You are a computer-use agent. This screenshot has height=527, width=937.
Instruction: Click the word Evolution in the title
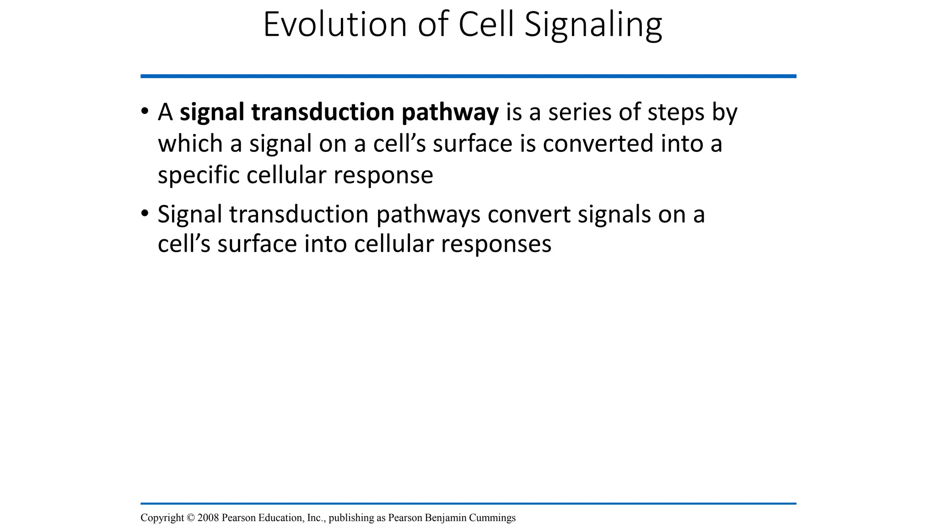point(334,25)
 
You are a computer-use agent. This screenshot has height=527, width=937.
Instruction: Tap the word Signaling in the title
point(593,26)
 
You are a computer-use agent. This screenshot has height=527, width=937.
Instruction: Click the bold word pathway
point(450,113)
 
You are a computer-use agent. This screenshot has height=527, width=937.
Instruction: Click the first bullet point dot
point(145,111)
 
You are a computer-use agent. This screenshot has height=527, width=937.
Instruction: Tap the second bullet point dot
point(145,213)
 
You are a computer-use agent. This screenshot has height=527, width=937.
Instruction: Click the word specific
point(198,176)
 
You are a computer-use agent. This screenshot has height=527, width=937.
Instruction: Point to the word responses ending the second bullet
point(496,244)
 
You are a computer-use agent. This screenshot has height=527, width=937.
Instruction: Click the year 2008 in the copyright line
point(208,517)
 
